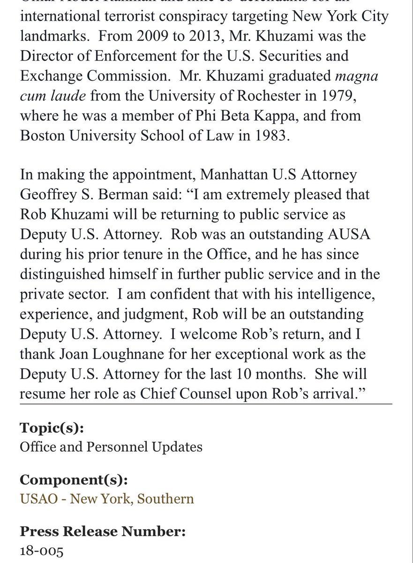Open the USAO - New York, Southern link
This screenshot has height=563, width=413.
click(106, 498)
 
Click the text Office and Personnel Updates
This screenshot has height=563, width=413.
click(111, 446)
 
